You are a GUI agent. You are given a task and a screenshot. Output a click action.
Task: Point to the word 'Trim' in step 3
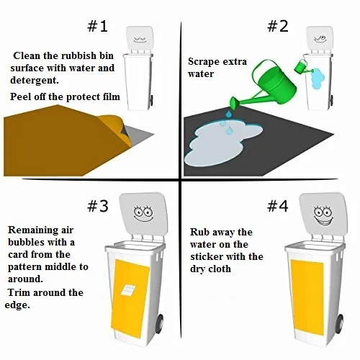pos(21,293)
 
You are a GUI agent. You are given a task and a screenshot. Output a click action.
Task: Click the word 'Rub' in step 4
pos(200,233)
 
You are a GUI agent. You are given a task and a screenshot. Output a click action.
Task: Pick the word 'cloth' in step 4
pos(218,269)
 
